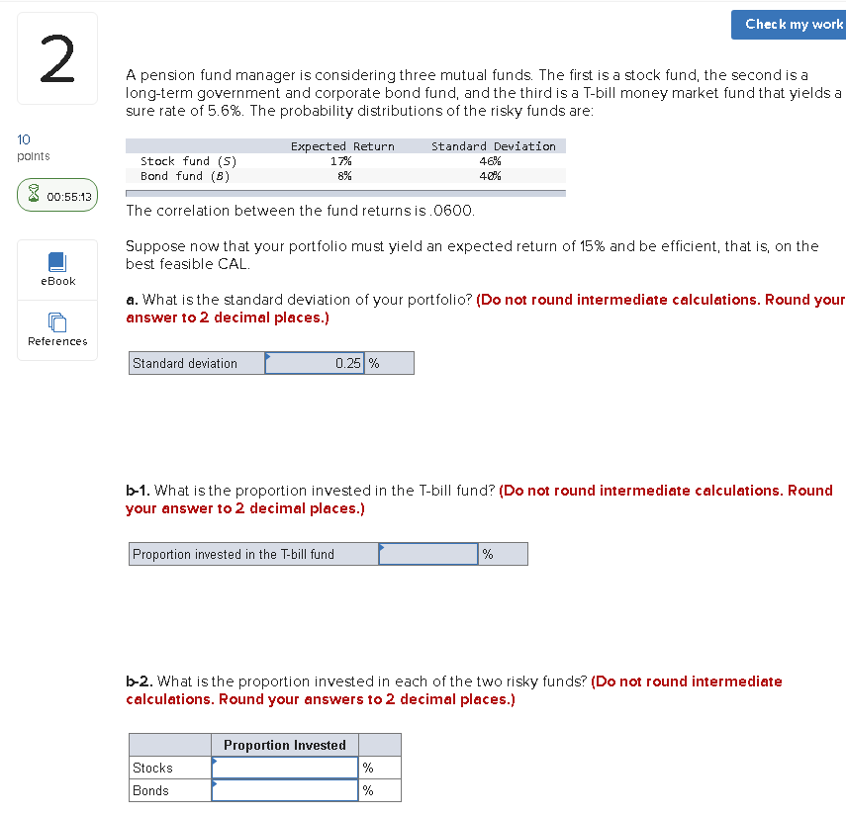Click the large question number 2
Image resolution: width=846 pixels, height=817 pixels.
pyautogui.click(x=57, y=59)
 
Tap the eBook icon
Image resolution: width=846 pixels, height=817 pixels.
pyautogui.click(x=57, y=262)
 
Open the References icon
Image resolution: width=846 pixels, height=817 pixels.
pyautogui.click(x=57, y=322)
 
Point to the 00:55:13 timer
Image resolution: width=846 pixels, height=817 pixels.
pyautogui.click(x=57, y=197)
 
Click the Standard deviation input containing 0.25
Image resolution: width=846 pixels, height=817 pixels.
pyautogui.click(x=315, y=363)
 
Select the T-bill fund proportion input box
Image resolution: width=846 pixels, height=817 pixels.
pyautogui.click(x=428, y=554)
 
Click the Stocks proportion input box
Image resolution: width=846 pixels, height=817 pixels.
pyautogui.click(x=285, y=768)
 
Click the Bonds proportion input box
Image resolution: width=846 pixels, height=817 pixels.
pyautogui.click(x=285, y=790)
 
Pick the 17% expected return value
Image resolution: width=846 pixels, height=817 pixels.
pyautogui.click(x=341, y=161)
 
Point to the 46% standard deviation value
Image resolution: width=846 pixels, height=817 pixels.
pyautogui.click(x=490, y=161)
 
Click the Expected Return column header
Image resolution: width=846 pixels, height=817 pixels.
pyautogui.click(x=342, y=146)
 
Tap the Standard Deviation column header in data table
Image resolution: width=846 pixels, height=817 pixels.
pyautogui.click(x=493, y=146)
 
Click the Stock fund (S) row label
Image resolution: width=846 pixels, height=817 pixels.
pyautogui.click(x=188, y=161)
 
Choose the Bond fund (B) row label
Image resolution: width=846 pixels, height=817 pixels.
pyautogui.click(x=185, y=176)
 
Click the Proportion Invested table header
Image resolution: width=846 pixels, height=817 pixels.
pyautogui.click(x=285, y=745)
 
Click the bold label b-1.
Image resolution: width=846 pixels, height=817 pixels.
pyautogui.click(x=138, y=491)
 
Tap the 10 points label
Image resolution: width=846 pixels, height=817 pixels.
pyautogui.click(x=34, y=148)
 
